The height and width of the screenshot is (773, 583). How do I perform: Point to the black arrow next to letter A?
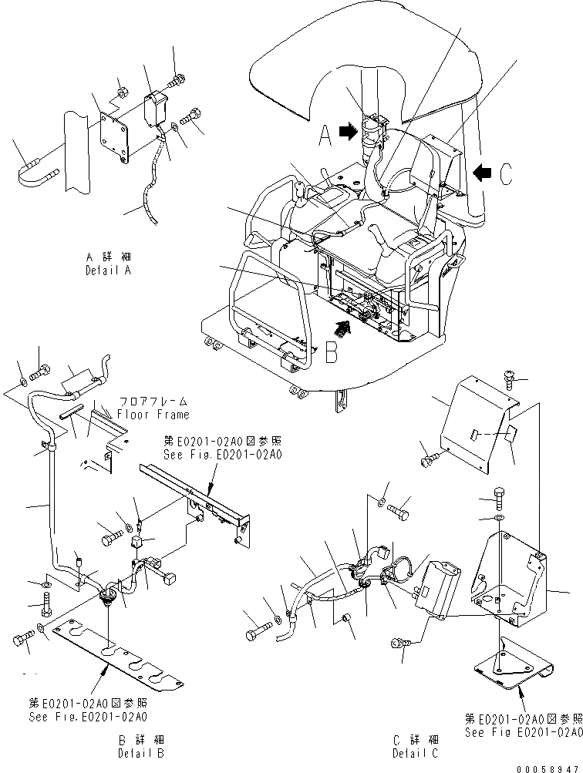coord(348,133)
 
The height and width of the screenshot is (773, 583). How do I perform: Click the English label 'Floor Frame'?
coord(153,415)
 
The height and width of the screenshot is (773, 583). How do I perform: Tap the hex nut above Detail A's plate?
coord(122,94)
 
